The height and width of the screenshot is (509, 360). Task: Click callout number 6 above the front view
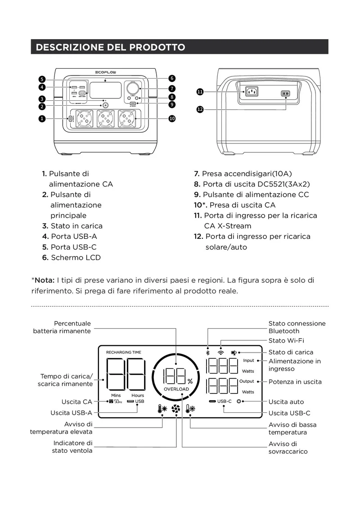point(172,78)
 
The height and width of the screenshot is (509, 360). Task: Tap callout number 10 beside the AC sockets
point(172,119)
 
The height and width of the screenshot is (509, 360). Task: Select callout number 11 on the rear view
point(200,92)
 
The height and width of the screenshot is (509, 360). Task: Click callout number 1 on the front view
point(42,119)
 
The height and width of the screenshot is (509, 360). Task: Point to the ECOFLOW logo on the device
point(105,72)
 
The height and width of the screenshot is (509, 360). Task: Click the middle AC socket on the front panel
point(106,119)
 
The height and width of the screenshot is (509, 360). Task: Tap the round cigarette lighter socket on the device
point(132,88)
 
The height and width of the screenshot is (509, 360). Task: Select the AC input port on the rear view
point(251,92)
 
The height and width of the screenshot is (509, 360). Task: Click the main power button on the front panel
point(105,106)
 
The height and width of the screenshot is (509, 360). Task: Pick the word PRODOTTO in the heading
point(157,47)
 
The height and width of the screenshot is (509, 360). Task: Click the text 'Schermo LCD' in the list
point(76,257)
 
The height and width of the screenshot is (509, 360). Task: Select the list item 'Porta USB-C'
point(73,247)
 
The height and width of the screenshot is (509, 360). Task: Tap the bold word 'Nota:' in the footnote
point(44,280)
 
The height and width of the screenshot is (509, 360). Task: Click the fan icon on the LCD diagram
point(176,409)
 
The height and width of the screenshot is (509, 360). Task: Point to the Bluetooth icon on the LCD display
point(208,353)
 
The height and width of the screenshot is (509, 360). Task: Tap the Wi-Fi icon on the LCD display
point(220,353)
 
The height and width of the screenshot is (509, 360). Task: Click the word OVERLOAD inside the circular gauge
point(176,389)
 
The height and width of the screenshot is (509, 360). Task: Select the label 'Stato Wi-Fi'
point(286,340)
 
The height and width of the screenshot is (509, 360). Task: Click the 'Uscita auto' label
point(286,402)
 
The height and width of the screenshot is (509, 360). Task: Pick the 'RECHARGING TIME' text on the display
point(123,352)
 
